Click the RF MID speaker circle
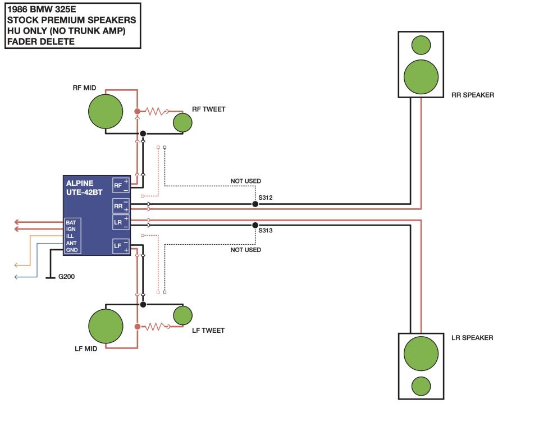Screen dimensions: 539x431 (x=106, y=112)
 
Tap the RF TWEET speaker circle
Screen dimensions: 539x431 (x=182, y=123)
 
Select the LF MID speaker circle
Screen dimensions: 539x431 (x=106, y=326)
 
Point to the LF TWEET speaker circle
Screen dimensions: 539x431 (x=183, y=315)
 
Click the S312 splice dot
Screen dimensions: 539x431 (x=255, y=204)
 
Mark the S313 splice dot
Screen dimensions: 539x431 (x=255, y=225)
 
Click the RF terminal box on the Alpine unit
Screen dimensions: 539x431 (x=121, y=185)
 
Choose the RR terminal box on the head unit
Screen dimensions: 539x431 (x=121, y=206)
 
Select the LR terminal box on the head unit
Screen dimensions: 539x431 (x=121, y=222)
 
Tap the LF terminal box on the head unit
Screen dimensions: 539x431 (x=121, y=246)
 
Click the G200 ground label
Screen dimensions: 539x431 (x=66, y=276)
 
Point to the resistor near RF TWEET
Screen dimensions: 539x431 (x=156, y=111)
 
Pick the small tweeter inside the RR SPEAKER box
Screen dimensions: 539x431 (x=421, y=45)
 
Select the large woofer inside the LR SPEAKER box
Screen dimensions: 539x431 (x=421, y=354)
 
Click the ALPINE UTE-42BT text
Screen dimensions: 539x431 (x=84, y=187)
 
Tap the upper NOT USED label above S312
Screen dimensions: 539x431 (x=246, y=181)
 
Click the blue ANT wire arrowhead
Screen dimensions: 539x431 (x=16, y=277)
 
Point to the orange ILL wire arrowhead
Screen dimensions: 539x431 (x=16, y=265)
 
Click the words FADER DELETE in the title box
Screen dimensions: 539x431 (x=41, y=42)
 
